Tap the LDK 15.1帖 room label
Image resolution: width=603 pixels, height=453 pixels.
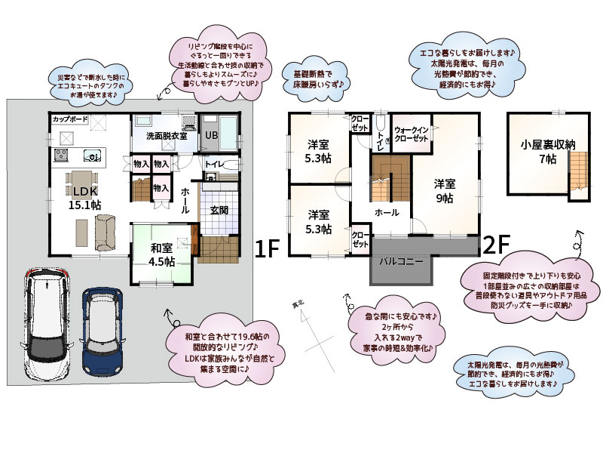coord(86,198)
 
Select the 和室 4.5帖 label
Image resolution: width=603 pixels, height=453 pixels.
coord(162,254)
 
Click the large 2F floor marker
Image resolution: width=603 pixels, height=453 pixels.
coord(497,245)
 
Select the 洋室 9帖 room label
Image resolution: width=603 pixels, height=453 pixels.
coord(444,191)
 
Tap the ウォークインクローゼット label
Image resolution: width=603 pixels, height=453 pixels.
coord(412,135)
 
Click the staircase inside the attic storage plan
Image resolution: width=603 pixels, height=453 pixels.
coord(577,170)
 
